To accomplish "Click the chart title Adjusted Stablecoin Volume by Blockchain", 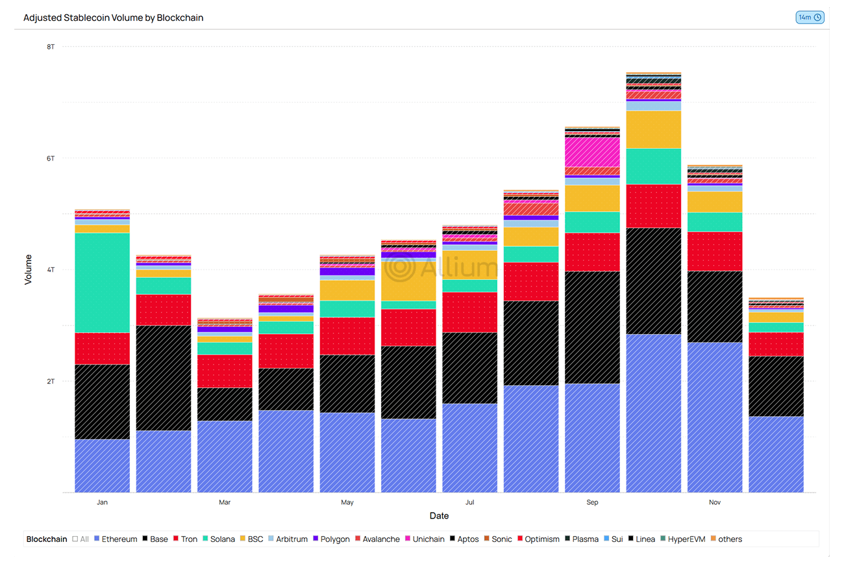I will [114, 18].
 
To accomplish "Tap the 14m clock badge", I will [810, 18].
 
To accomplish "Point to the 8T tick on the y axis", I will [50, 47].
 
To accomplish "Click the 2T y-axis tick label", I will [50, 381].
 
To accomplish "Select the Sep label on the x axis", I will [592, 502].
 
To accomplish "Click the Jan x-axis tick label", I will [102, 502].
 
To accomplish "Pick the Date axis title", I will [439, 516].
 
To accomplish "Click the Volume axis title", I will [28, 270].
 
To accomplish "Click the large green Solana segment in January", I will [102, 283].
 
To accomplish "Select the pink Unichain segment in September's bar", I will [592, 152].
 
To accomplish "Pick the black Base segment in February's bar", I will [164, 378].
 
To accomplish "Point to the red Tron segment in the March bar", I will [225, 371].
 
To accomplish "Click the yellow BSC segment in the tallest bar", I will [653, 129].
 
